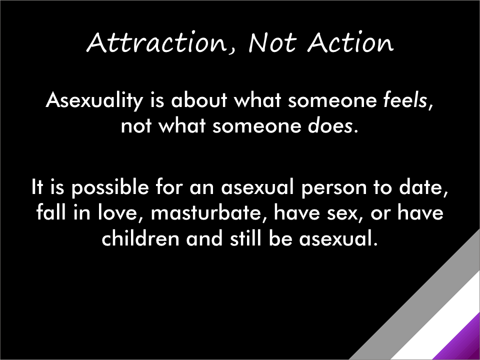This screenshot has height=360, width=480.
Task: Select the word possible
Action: click(110, 187)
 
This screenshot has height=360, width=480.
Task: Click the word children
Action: click(140, 238)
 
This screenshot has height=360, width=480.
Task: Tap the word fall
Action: click(51, 212)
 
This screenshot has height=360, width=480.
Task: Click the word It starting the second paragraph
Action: click(37, 187)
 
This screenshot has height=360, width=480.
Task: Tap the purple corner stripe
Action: click(465, 343)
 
